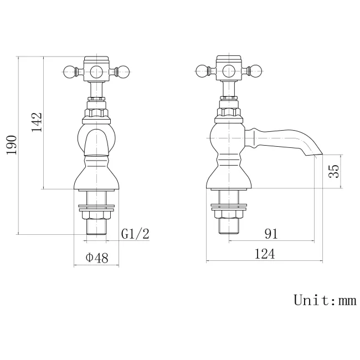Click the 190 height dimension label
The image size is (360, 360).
click(12, 145)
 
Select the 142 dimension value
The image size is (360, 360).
click(37, 122)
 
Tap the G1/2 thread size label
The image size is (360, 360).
click(135, 234)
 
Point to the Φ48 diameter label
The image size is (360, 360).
click(96, 258)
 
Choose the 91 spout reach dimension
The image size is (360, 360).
click(270, 234)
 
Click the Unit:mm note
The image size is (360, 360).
click(324, 300)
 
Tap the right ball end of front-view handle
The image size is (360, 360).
click(124, 70)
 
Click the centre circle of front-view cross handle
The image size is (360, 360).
click(97, 70)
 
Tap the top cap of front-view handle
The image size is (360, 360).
click(97, 58)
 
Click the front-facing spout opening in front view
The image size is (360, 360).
click(96, 143)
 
